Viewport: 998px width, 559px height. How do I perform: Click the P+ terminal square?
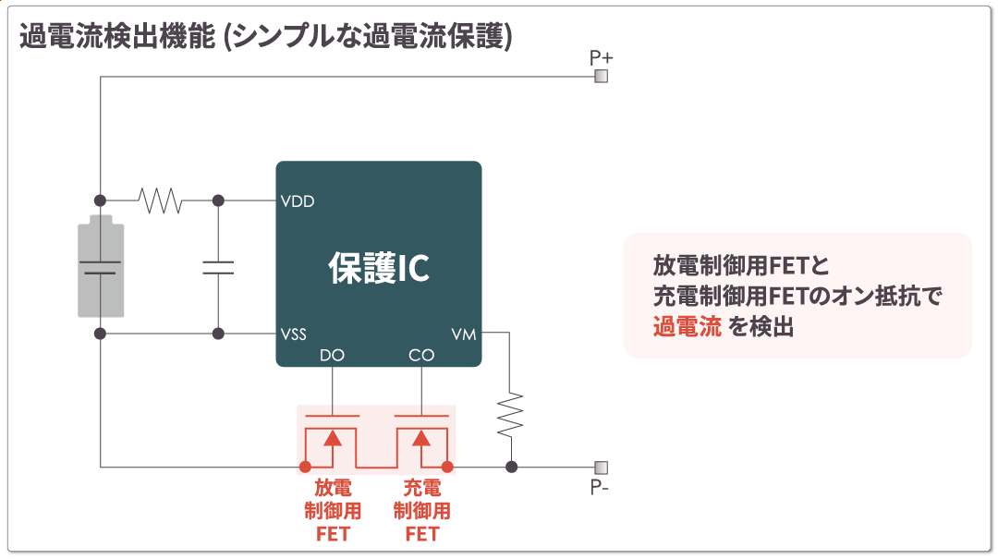(602, 77)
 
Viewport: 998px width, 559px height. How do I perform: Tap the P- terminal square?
(602, 467)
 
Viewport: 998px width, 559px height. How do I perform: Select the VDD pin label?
(298, 201)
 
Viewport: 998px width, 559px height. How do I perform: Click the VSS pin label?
(294, 334)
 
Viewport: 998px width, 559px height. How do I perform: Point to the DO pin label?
(332, 356)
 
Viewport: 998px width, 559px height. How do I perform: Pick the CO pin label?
(421, 356)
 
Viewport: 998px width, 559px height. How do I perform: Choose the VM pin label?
(464, 334)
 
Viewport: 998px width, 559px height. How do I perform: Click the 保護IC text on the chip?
(379, 268)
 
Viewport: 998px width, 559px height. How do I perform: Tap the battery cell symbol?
(100, 266)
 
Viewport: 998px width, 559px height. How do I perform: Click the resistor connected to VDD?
(160, 200)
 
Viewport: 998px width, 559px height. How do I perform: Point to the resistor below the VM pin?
(510, 415)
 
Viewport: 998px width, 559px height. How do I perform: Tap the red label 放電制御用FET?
(333, 511)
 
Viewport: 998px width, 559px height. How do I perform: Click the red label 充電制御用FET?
(421, 511)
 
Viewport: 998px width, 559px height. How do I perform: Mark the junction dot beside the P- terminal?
(511, 467)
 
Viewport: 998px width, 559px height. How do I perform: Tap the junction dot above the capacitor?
(218, 200)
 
